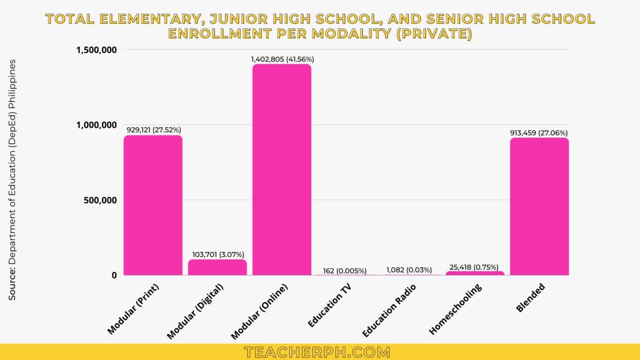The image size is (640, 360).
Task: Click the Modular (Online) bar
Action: click(282, 170)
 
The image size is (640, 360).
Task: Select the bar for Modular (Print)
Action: click(153, 205)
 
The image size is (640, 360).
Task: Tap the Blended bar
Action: click(539, 206)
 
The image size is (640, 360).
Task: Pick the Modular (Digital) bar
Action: click(217, 267)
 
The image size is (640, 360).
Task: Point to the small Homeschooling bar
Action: click(475, 273)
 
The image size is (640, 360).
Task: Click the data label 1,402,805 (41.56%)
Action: click(282, 59)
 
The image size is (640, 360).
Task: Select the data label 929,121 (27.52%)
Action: click(154, 130)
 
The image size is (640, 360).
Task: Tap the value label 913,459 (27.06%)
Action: click(539, 133)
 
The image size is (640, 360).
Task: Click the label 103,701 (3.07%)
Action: click(218, 254)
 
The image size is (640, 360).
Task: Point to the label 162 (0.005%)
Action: click(345, 271)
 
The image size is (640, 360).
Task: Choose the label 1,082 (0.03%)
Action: click(409, 270)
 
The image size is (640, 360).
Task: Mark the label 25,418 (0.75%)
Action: click(474, 267)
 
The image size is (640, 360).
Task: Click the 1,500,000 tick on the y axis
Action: click(96, 50)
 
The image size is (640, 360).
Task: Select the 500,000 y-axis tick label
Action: click(100, 200)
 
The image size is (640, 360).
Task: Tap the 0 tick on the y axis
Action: click(114, 275)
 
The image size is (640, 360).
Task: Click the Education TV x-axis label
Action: click(329, 305)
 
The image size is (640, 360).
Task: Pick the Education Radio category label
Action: click(389, 310)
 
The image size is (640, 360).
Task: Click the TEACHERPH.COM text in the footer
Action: click(317, 352)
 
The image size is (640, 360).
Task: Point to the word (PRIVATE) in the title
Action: click(434, 33)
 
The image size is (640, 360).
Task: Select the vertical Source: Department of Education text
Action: click(12, 179)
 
